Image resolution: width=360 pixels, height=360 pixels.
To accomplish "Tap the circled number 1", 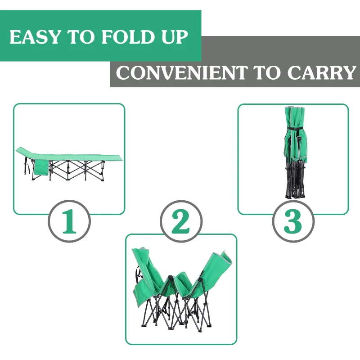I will pyautogui.click(x=69, y=221).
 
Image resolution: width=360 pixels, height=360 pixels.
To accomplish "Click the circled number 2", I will pyautogui.click(x=181, y=221).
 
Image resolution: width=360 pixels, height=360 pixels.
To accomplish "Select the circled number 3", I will pyautogui.click(x=293, y=221).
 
